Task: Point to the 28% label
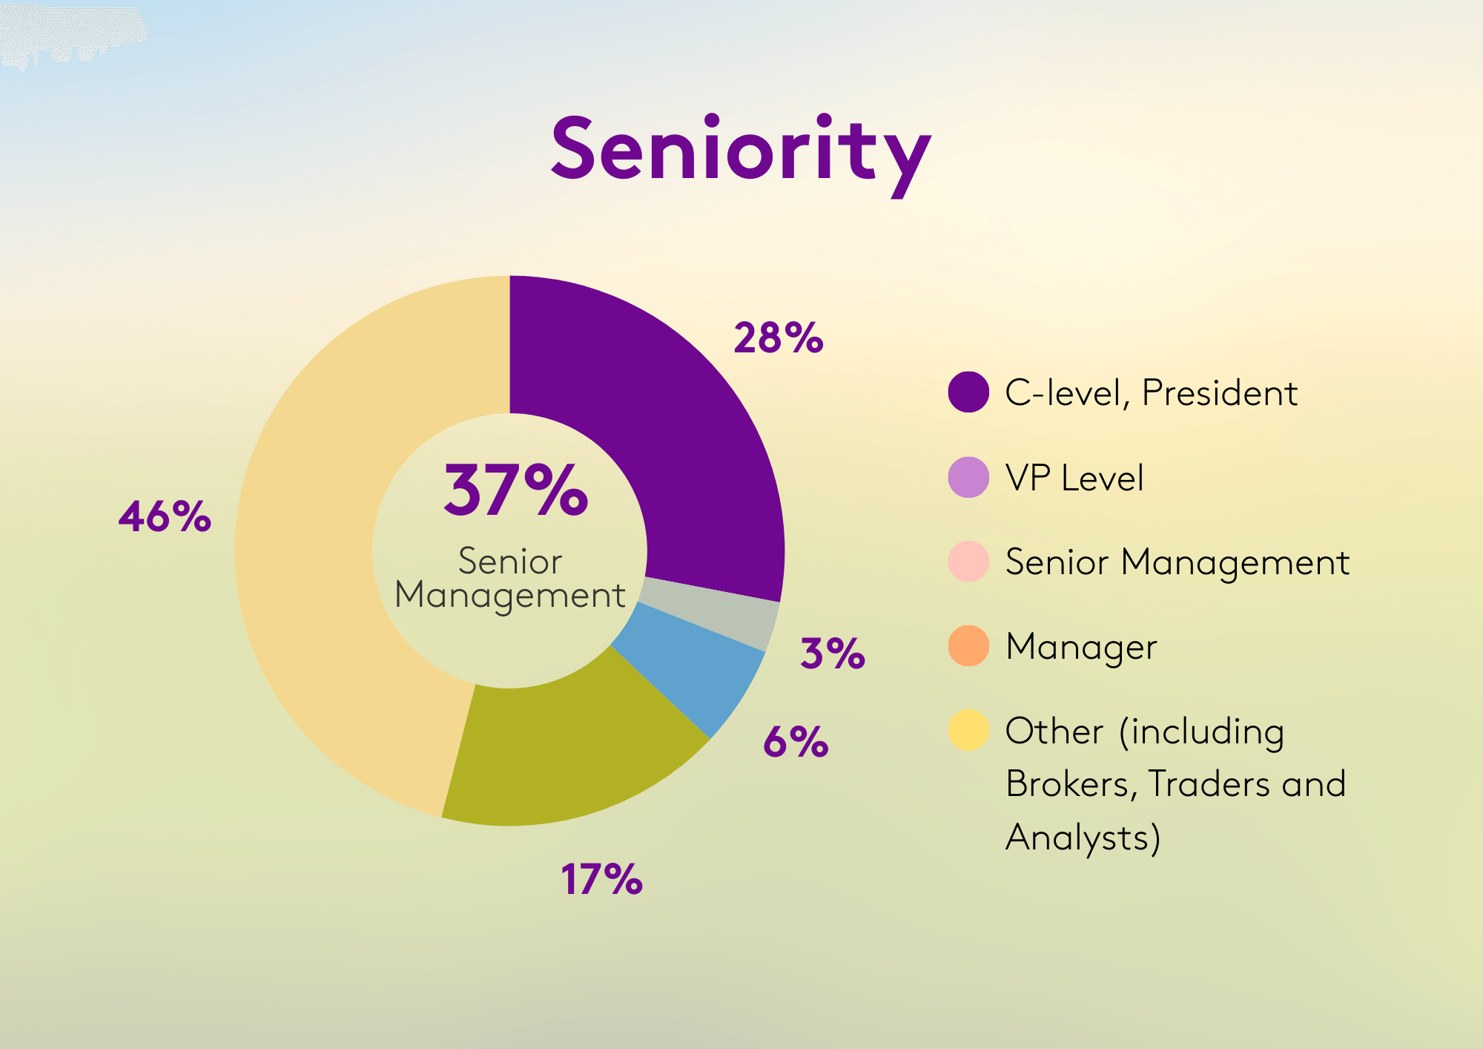(778, 338)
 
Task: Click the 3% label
(832, 654)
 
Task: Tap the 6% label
(795, 741)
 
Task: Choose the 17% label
(601, 880)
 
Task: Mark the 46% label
(165, 516)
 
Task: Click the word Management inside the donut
(510, 596)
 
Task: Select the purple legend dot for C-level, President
(968, 392)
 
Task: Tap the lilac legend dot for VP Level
(968, 477)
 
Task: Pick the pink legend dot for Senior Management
(968, 562)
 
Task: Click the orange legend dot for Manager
(968, 646)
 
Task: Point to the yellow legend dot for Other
(968, 730)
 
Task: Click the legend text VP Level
(1074, 478)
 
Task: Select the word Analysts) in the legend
(1083, 838)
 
